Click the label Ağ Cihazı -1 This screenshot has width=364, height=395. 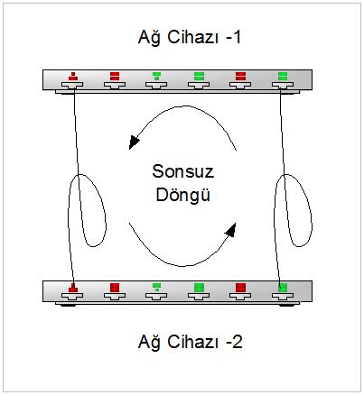[190, 38]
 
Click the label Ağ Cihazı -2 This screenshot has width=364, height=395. [190, 342]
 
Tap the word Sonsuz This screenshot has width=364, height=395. [183, 171]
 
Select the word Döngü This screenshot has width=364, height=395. [182, 195]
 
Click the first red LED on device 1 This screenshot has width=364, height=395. [73, 77]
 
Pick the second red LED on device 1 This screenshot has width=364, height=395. [115, 77]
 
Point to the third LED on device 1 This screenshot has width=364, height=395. [156, 76]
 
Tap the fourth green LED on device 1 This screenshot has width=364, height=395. [199, 77]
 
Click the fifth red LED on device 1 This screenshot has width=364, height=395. [240, 77]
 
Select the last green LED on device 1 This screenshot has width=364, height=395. [283, 77]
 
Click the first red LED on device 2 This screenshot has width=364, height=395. [73, 288]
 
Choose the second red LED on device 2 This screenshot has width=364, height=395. [115, 288]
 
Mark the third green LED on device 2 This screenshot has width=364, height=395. [156, 287]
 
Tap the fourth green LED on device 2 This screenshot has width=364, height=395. [199, 288]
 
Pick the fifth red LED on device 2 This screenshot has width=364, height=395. [240, 288]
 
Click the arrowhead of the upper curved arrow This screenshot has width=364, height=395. [133, 142]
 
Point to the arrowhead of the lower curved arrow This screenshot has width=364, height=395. [231, 230]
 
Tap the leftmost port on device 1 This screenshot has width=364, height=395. [72, 86]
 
